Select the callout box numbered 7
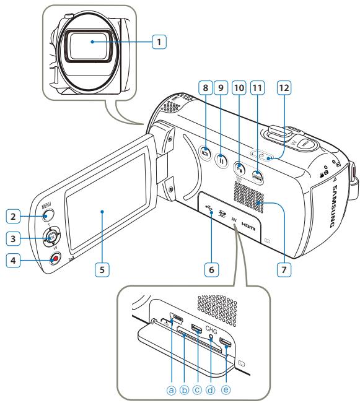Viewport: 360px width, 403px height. (x=283, y=270)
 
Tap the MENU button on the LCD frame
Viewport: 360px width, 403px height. (x=48, y=216)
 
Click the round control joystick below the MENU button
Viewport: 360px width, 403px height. (x=52, y=236)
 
